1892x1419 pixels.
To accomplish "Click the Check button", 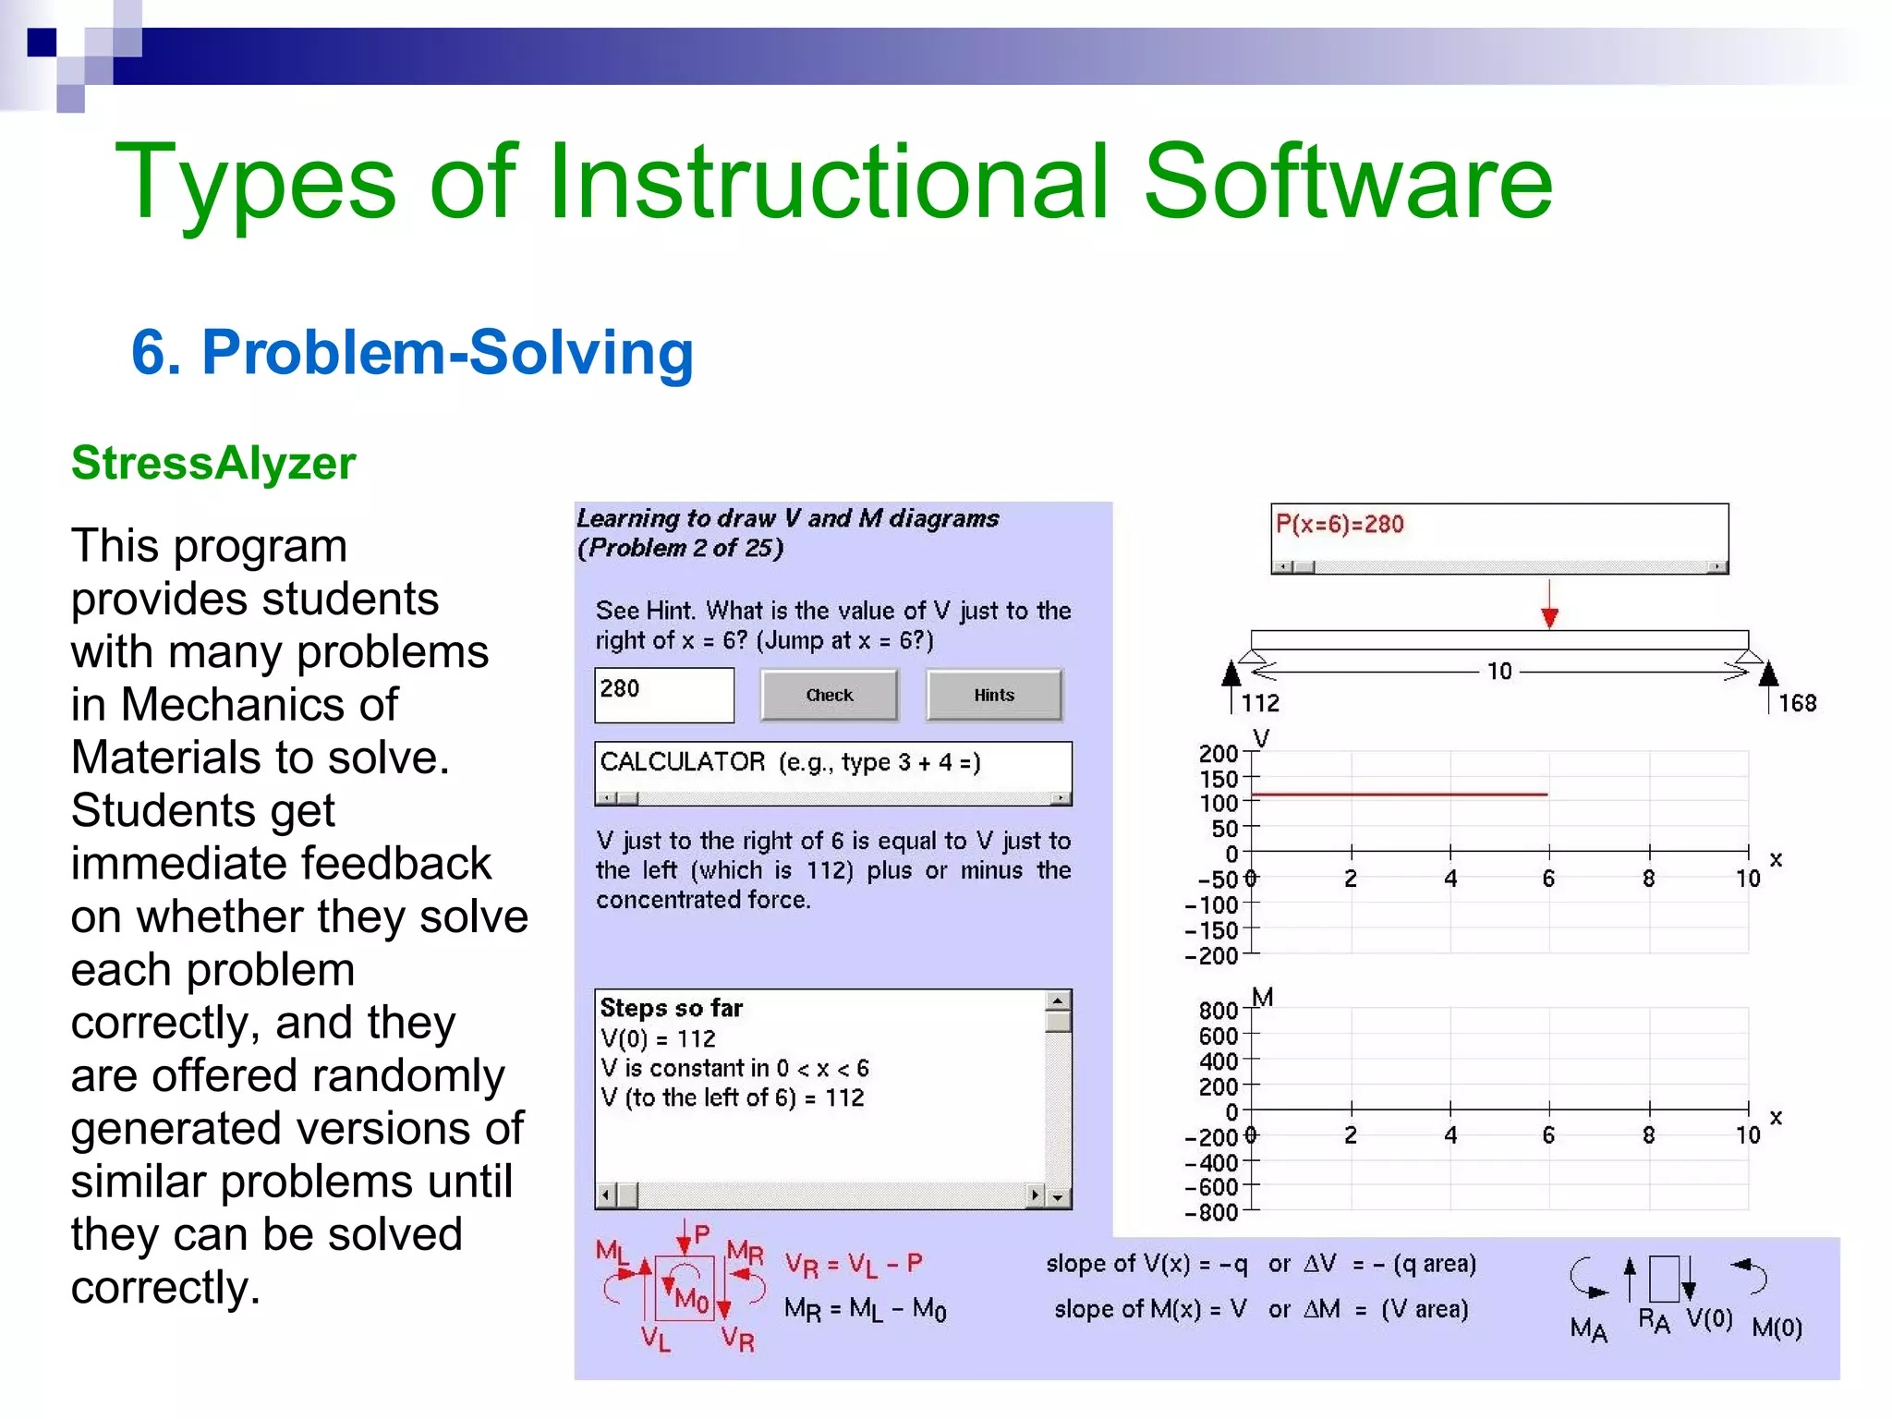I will click(x=829, y=695).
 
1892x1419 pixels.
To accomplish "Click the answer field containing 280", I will click(x=663, y=695).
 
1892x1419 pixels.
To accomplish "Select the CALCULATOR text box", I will click(x=831, y=764).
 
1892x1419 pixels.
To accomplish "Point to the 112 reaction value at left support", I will click(x=1259, y=703).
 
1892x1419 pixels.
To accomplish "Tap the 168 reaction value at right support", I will click(x=1797, y=703).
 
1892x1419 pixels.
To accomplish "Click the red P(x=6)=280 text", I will click(x=1339, y=525).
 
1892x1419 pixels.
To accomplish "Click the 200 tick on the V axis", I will click(x=1218, y=754).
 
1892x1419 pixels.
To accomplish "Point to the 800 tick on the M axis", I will click(x=1218, y=1011).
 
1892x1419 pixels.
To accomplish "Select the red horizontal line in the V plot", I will click(x=1399, y=794).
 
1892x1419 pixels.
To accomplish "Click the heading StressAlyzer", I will click(x=213, y=463).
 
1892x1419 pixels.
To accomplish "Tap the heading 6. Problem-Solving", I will click(x=412, y=353).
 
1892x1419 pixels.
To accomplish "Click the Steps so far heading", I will click(x=671, y=1008).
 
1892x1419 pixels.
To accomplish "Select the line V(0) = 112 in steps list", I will click(x=658, y=1038).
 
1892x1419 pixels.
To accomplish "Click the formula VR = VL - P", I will click(x=854, y=1265).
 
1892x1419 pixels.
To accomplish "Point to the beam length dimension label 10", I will click(x=1498, y=672).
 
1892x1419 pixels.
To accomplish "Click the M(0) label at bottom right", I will click(x=1776, y=1328).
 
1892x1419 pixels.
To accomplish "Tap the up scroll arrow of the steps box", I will click(x=1058, y=1001).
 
